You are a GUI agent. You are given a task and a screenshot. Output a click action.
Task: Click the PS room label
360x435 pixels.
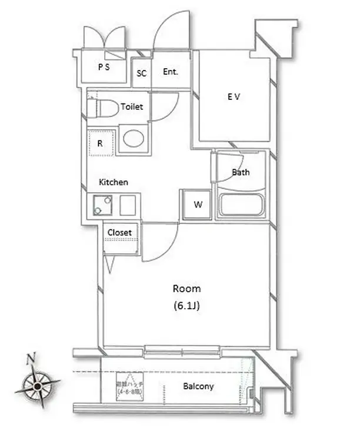[104, 66]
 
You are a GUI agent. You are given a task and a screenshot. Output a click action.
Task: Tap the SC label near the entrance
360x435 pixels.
[142, 73]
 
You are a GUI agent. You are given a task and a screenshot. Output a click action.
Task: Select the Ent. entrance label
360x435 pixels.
[171, 72]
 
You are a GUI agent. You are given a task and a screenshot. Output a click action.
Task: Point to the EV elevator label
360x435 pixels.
[234, 97]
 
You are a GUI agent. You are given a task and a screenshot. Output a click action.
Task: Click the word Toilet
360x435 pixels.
[131, 107]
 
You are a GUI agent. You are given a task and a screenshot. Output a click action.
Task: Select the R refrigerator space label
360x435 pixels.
[100, 143]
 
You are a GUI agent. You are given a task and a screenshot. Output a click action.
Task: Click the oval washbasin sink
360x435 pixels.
[134, 139]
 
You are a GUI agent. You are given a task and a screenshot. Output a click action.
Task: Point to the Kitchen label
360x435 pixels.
[113, 182]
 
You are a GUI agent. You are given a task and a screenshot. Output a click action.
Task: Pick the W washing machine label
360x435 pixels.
[198, 205]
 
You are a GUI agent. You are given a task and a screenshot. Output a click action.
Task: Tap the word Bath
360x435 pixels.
[241, 172]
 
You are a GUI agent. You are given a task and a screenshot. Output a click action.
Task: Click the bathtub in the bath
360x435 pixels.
[242, 205]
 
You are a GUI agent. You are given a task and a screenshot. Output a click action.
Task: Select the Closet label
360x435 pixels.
[119, 232]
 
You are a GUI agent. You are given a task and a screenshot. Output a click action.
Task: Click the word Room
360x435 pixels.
[186, 289]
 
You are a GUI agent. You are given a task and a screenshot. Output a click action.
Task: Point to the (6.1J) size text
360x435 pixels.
[187, 306]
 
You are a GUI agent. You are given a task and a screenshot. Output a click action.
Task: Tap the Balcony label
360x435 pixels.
[198, 386]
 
